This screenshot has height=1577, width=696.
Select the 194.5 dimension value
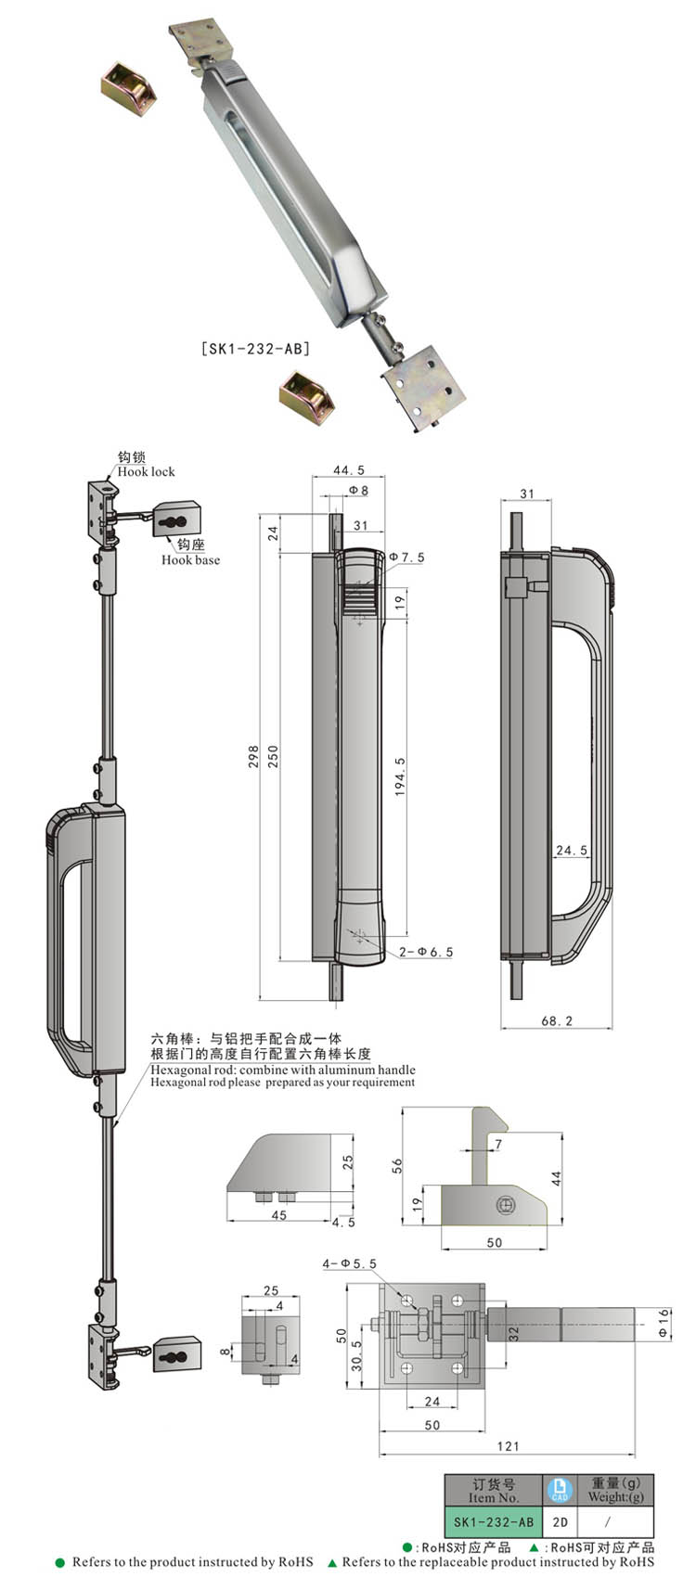[400, 775]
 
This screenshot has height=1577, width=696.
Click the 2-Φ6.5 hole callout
[426, 952]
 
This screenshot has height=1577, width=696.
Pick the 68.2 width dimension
[557, 1020]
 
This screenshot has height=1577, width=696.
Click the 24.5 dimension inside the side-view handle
[572, 850]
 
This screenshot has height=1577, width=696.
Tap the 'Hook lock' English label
[146, 471]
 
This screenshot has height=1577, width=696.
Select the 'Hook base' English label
[190, 559]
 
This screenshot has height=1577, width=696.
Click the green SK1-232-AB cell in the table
[493, 1522]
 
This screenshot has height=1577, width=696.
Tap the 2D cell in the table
[560, 1522]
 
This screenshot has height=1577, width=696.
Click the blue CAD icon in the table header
[560, 1490]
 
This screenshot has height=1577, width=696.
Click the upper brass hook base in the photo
[128, 83]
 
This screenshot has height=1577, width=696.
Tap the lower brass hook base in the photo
[306, 394]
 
